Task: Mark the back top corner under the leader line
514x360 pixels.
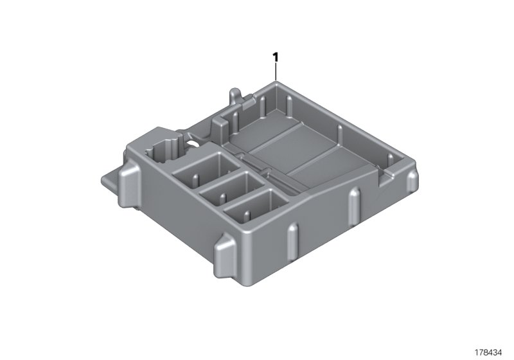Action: [x=276, y=84]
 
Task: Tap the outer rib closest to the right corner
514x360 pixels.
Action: [x=386, y=199]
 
